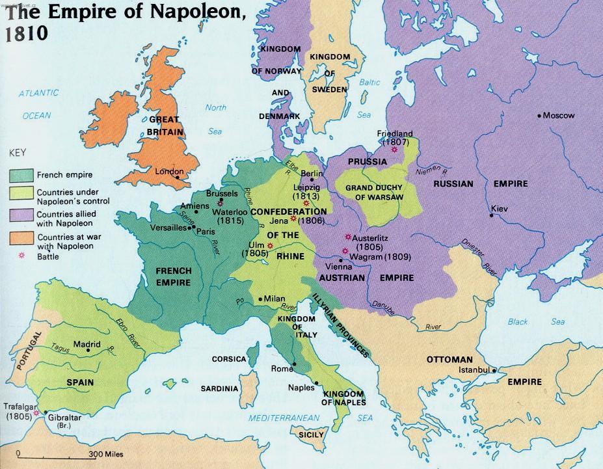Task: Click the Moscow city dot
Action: coord(539,116)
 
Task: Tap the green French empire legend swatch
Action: coord(22,174)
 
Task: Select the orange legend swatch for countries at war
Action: coord(22,239)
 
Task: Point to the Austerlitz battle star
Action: coord(348,237)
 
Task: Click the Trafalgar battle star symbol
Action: coord(37,412)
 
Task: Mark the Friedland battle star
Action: coord(394,149)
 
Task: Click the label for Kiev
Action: coord(499,209)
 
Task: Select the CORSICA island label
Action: coord(229,359)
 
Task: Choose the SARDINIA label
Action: coord(219,389)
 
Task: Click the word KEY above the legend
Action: coord(17,154)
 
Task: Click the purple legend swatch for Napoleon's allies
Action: coord(22,215)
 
